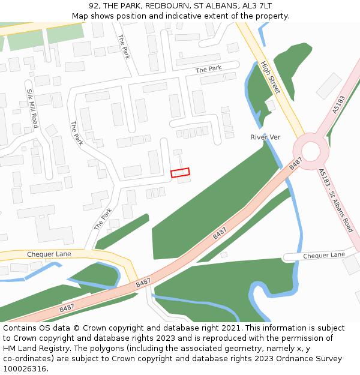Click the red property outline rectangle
(x=180, y=173)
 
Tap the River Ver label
(x=265, y=137)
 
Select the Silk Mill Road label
(x=32, y=108)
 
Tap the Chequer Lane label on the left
(x=49, y=254)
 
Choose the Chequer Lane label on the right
(x=324, y=255)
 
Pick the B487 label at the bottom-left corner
(x=67, y=308)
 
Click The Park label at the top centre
(x=124, y=46)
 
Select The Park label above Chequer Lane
(x=103, y=219)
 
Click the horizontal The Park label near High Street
(x=209, y=69)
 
